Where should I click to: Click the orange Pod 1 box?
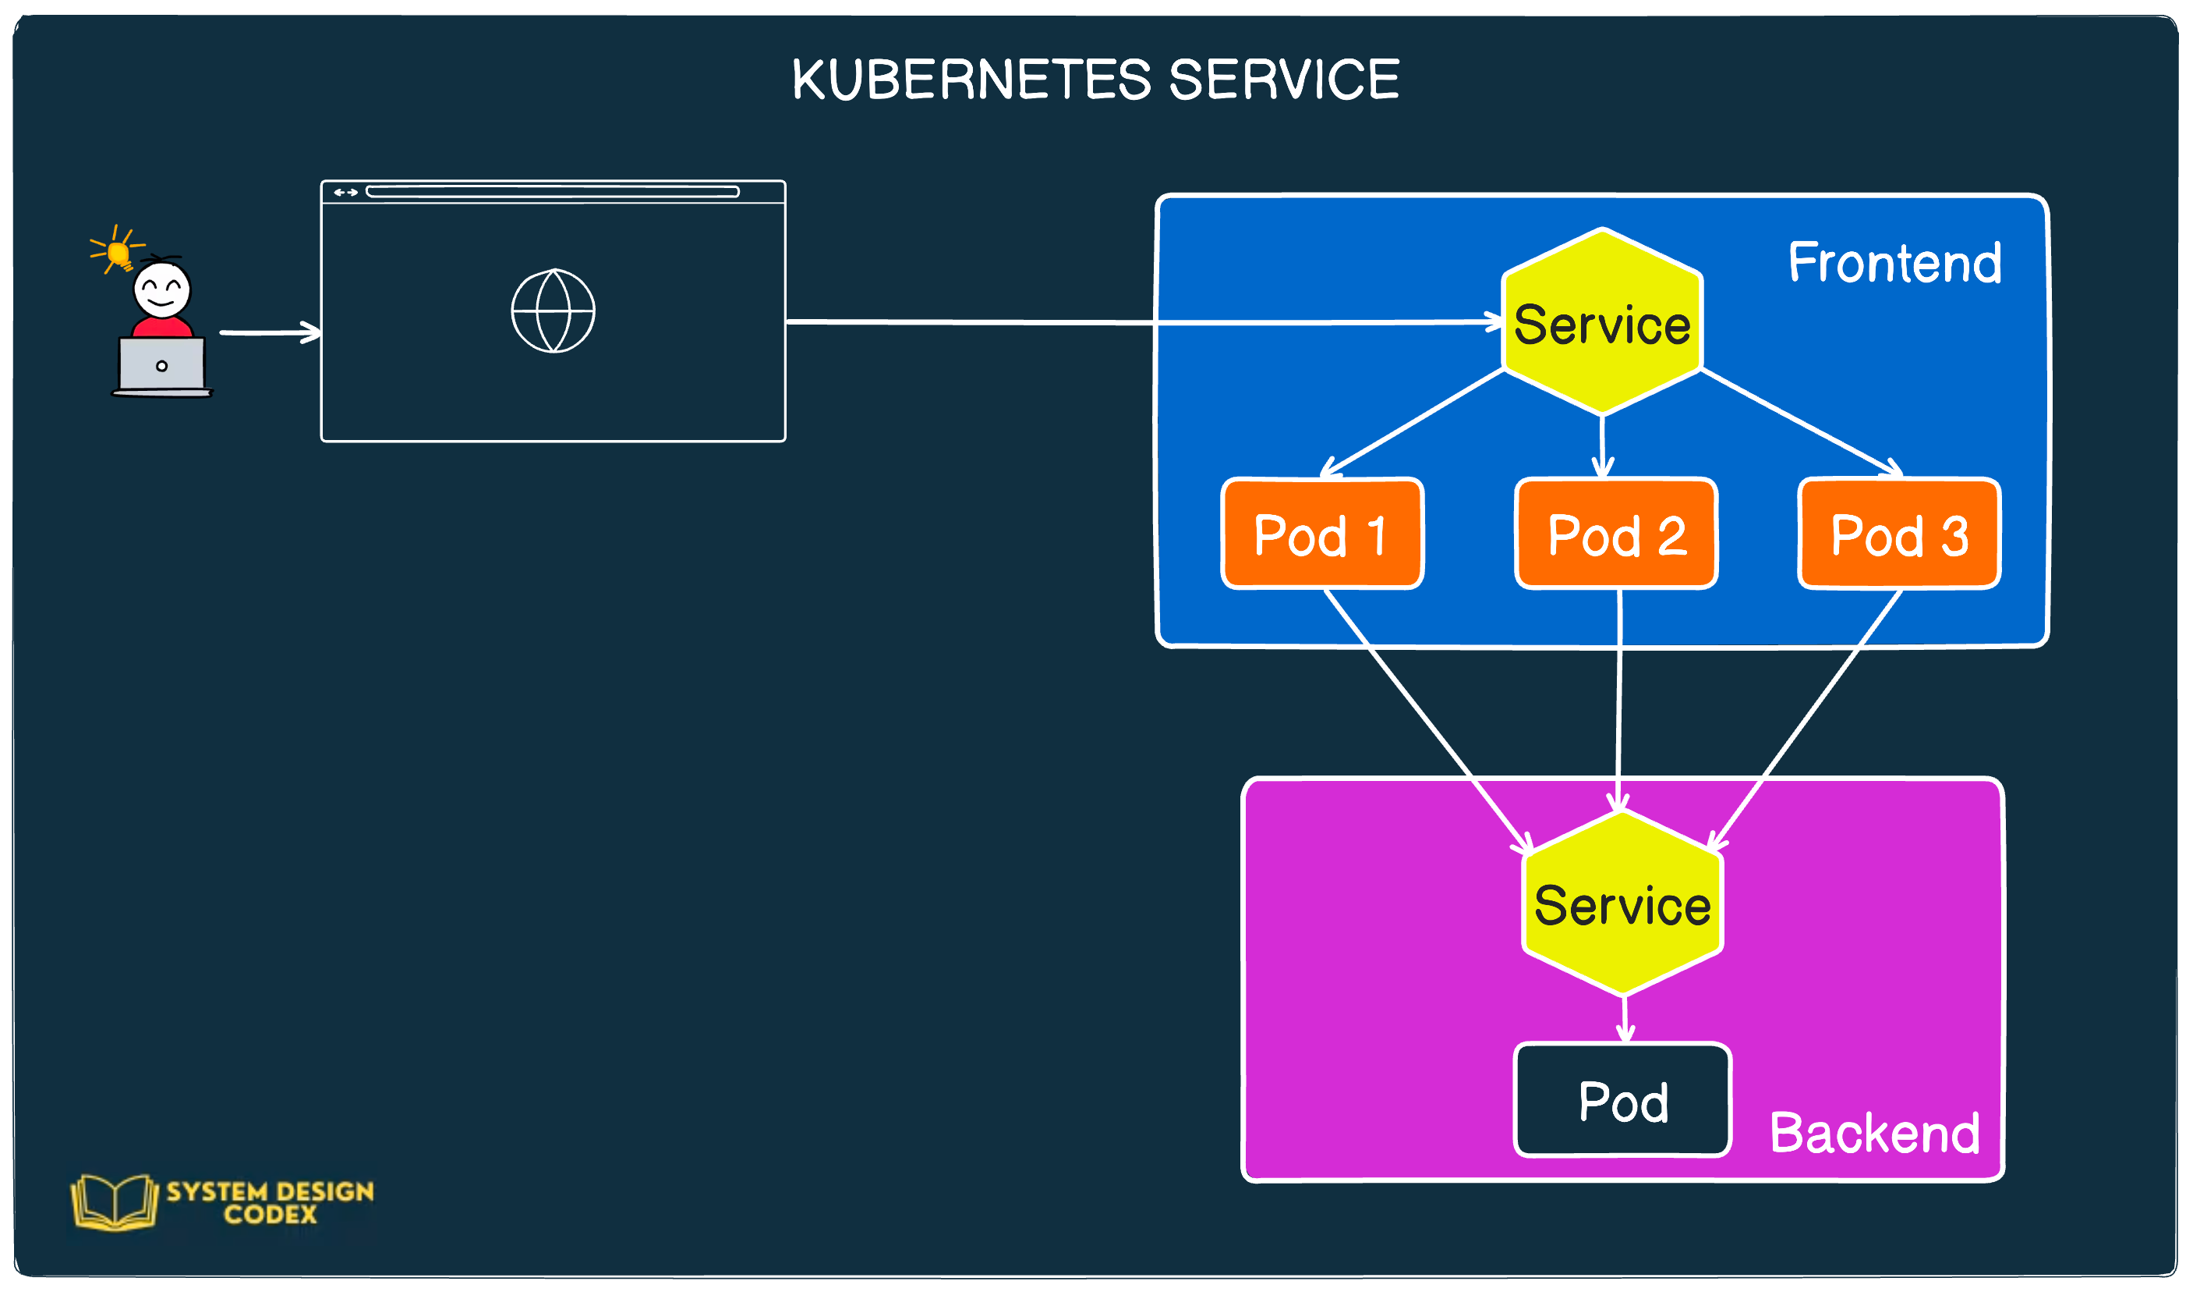point(1322,534)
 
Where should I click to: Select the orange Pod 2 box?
point(1616,534)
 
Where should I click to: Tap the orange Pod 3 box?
point(1899,534)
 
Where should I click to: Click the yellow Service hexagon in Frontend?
point(1601,322)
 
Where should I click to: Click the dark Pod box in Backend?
point(1622,1101)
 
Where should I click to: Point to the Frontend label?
point(1894,262)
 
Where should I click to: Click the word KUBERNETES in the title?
point(972,80)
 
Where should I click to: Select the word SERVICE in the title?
point(1283,80)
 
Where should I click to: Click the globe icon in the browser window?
point(553,311)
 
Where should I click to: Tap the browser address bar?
point(552,191)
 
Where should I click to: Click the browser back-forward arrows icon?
point(345,193)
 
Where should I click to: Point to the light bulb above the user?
point(118,253)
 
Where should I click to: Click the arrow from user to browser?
point(270,332)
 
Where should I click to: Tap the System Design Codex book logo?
point(115,1201)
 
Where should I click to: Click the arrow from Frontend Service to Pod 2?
point(1602,445)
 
